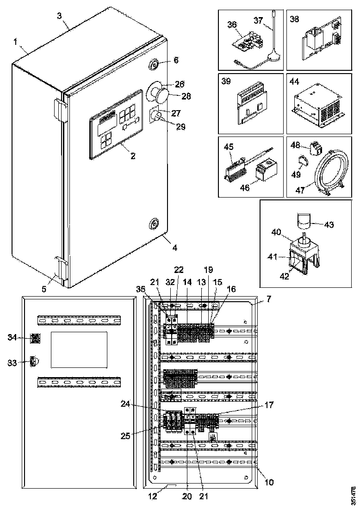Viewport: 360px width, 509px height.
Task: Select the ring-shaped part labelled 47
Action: click(x=329, y=172)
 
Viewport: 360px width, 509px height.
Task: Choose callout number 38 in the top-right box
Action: click(x=295, y=19)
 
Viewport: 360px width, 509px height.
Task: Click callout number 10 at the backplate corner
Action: click(x=269, y=482)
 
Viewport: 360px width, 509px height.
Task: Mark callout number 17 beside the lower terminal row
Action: click(x=269, y=405)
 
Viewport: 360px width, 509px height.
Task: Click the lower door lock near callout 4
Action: click(x=154, y=225)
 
